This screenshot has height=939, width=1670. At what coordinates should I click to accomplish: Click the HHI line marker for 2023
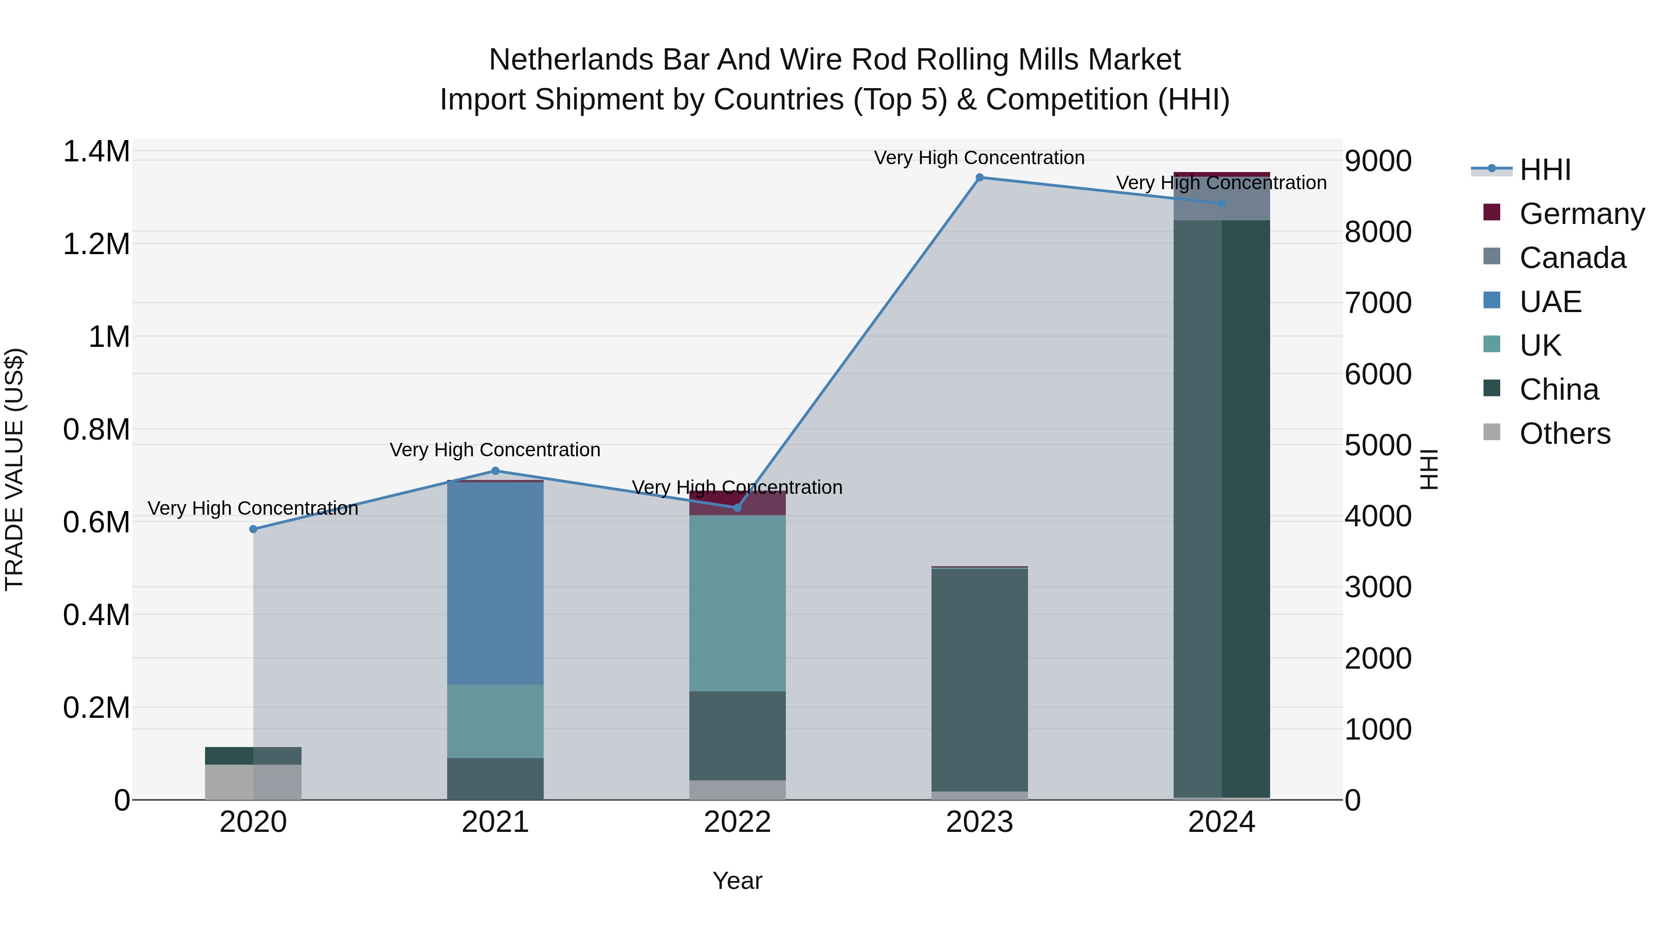(x=980, y=178)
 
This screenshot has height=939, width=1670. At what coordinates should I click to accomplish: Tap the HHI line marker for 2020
(x=253, y=530)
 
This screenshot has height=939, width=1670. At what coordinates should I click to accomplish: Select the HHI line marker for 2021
(x=495, y=471)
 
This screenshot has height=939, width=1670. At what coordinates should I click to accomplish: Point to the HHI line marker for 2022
(x=737, y=507)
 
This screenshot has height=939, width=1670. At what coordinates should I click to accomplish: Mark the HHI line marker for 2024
(x=1221, y=204)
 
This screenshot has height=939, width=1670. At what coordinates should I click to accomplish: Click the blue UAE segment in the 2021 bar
(x=495, y=583)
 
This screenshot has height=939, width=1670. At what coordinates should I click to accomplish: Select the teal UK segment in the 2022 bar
(x=737, y=603)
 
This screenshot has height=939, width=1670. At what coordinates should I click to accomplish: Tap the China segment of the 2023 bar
(x=980, y=680)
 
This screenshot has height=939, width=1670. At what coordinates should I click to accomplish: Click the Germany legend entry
(x=1582, y=214)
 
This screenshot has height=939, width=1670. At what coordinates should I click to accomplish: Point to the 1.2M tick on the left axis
(x=96, y=245)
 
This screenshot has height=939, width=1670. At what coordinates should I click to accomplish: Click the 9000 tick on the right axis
(x=1378, y=161)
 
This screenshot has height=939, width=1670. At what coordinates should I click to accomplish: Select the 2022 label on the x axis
(x=737, y=822)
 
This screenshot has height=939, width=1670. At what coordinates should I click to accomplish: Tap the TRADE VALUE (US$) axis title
(x=15, y=469)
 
